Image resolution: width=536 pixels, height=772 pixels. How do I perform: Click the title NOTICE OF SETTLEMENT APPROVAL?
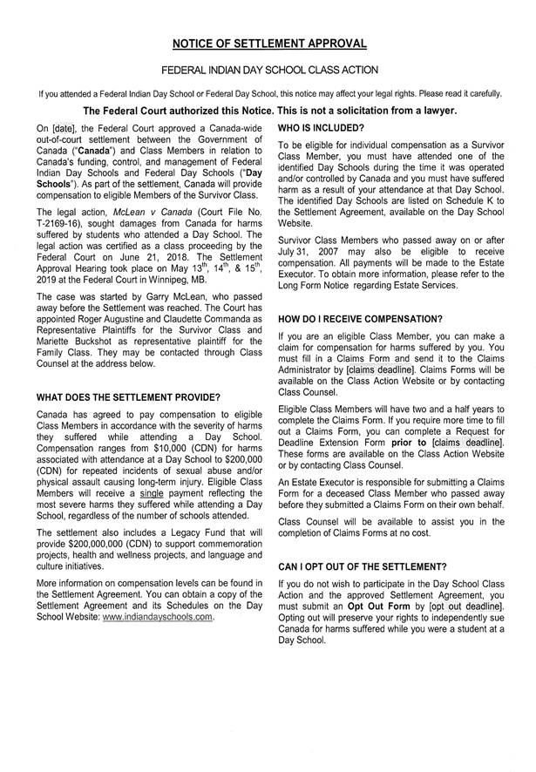coord(268,44)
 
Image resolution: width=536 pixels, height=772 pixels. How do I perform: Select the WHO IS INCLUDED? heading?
coord(316,127)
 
